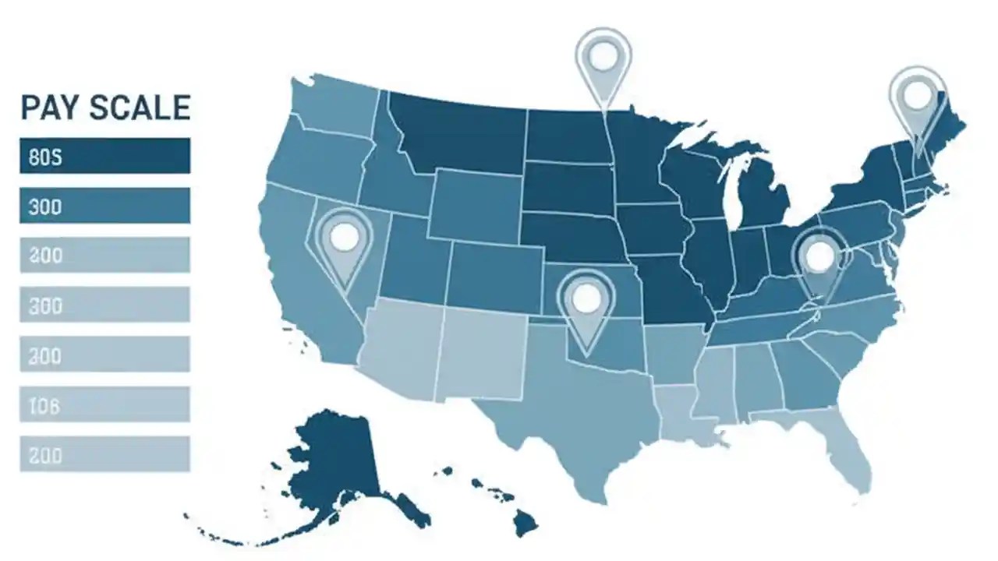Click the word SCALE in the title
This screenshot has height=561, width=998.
click(x=139, y=108)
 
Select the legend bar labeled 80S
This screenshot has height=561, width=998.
click(x=104, y=156)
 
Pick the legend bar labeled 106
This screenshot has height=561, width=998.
click(x=104, y=404)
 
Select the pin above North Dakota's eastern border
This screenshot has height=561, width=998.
click(x=603, y=56)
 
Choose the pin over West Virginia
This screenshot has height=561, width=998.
click(x=819, y=257)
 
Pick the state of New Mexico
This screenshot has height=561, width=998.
click(x=480, y=351)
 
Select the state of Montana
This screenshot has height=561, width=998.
click(x=460, y=132)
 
